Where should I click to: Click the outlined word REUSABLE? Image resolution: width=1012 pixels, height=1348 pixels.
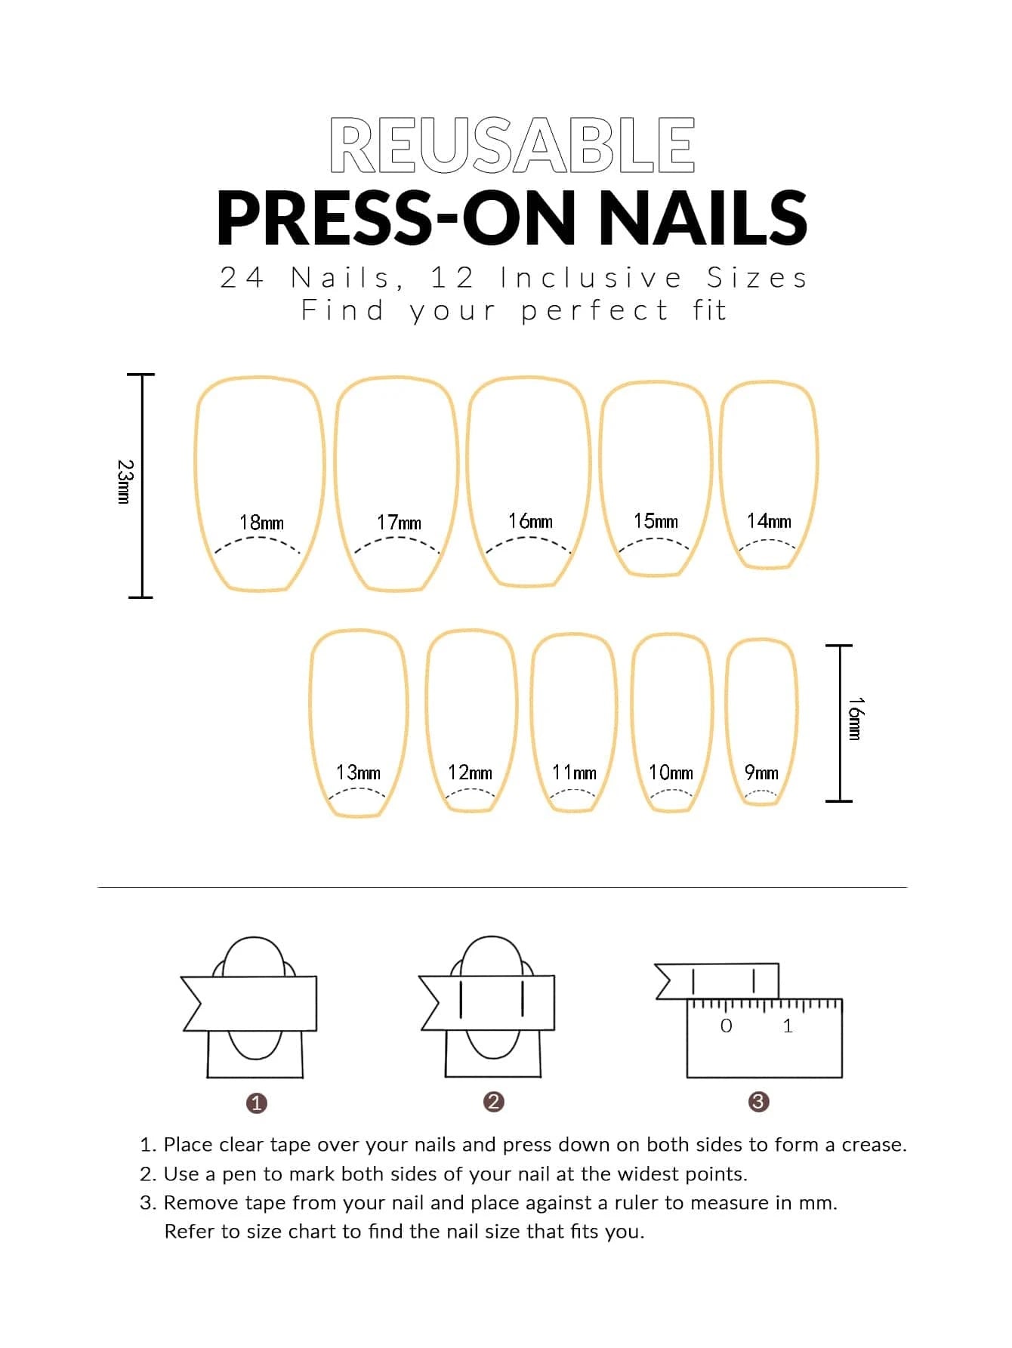click(x=512, y=145)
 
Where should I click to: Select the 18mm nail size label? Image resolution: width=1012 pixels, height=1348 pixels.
click(x=261, y=523)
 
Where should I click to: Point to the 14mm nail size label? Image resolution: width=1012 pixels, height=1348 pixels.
click(x=769, y=521)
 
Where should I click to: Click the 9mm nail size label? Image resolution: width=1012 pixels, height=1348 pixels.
click(x=761, y=773)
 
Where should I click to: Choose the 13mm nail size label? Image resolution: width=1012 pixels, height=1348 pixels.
click(x=358, y=773)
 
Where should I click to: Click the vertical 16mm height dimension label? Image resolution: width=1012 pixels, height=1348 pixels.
click(x=854, y=719)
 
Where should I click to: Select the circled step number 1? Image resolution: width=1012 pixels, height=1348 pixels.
click(x=257, y=1103)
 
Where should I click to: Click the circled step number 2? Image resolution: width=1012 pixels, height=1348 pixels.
click(x=493, y=1102)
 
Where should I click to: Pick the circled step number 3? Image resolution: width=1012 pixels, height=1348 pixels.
click(x=758, y=1102)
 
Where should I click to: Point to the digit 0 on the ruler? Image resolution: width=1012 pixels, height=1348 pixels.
click(x=726, y=1026)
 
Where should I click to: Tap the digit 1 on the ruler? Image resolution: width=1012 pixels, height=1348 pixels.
click(x=788, y=1026)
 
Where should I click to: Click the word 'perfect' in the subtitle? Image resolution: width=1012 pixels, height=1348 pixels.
click(x=594, y=310)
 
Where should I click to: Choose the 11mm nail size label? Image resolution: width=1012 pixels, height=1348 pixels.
click(x=574, y=773)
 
